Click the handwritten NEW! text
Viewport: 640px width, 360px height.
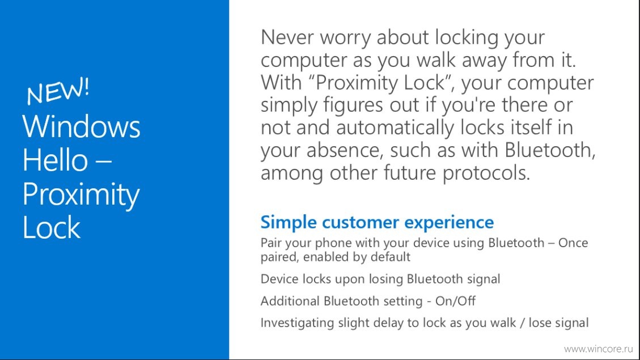pyautogui.click(x=58, y=91)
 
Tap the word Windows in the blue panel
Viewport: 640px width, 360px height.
pyautogui.click(x=81, y=126)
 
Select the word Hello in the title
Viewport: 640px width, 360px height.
pyautogui.click(x=55, y=160)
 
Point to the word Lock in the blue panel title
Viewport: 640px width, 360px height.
pyautogui.click(x=52, y=227)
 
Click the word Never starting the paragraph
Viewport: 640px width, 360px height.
pyautogui.click(x=287, y=37)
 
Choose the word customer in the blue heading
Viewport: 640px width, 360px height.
pyautogui.click(x=360, y=222)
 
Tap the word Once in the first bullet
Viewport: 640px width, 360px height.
pyautogui.click(x=573, y=243)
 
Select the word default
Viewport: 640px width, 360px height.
pyautogui.click(x=390, y=257)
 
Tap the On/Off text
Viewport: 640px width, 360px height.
pyautogui.click(x=455, y=301)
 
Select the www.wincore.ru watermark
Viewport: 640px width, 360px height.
pyautogui.click(x=599, y=349)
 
